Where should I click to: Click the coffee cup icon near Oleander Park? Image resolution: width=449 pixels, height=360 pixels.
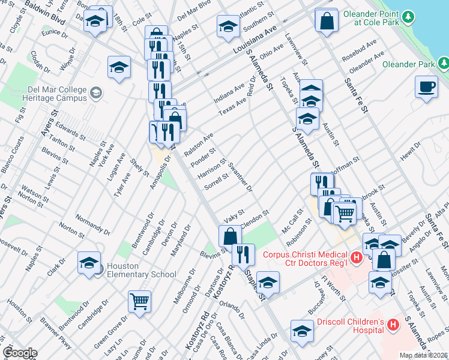426,86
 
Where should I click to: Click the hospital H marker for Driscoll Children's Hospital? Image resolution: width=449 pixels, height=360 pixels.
393,325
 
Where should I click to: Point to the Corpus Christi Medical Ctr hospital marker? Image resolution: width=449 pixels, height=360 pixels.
356,258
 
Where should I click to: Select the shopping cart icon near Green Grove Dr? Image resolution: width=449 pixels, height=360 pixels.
139,301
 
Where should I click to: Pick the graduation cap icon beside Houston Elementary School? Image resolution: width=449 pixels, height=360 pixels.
89,263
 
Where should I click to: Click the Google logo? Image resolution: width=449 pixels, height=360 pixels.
19,353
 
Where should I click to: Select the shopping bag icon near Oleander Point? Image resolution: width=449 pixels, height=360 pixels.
326,22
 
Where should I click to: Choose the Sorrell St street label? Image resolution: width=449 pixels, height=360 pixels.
217,181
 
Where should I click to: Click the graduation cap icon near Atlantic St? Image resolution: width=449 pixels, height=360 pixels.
228,26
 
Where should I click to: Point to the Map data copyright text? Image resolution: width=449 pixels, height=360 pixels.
424,355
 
